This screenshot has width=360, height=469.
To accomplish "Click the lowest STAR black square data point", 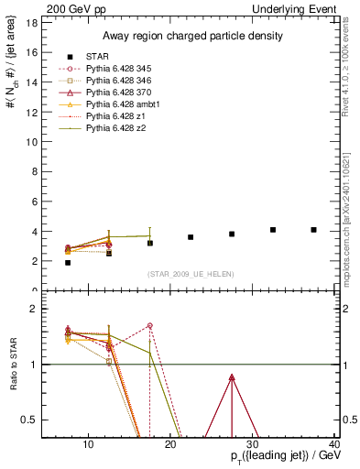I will (x=68, y=263).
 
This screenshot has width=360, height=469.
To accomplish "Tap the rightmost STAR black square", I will (x=314, y=230).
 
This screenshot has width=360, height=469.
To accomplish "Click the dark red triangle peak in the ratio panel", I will (x=232, y=377).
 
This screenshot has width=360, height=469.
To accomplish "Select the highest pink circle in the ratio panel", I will (x=149, y=326).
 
